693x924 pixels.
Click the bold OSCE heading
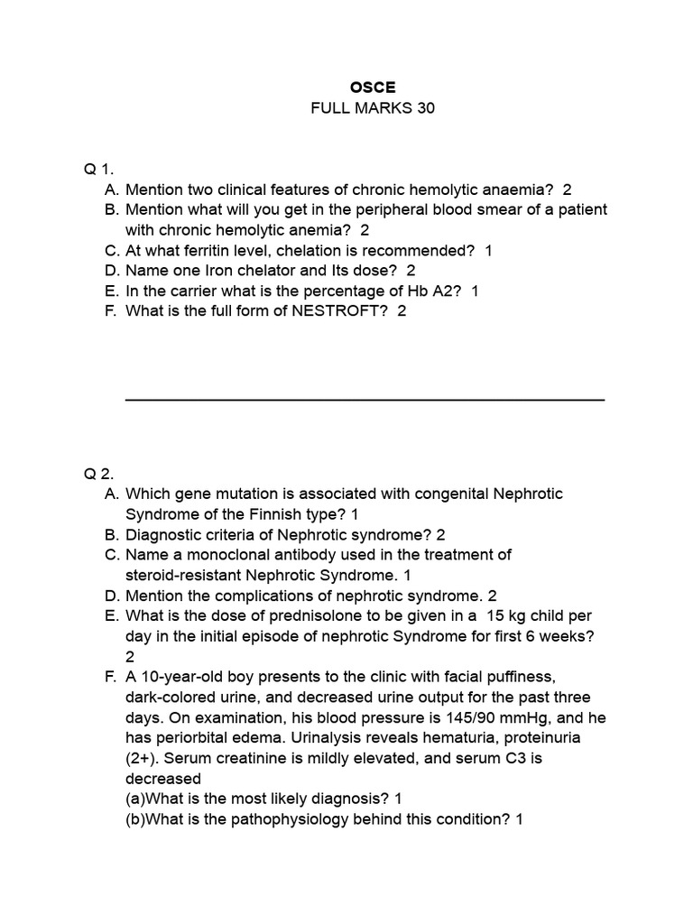372,88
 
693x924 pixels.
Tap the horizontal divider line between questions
364,399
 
